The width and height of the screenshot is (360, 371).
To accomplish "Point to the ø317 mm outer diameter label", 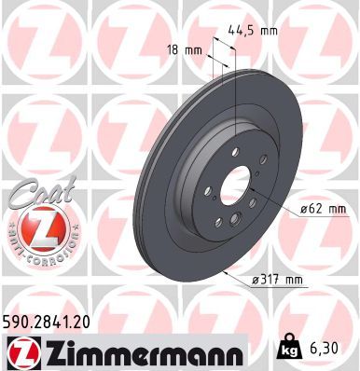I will coord(280,280).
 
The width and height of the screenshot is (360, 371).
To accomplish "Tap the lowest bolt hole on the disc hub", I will coord(228,222).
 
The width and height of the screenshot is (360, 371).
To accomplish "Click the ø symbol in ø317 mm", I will coord(256,280).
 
